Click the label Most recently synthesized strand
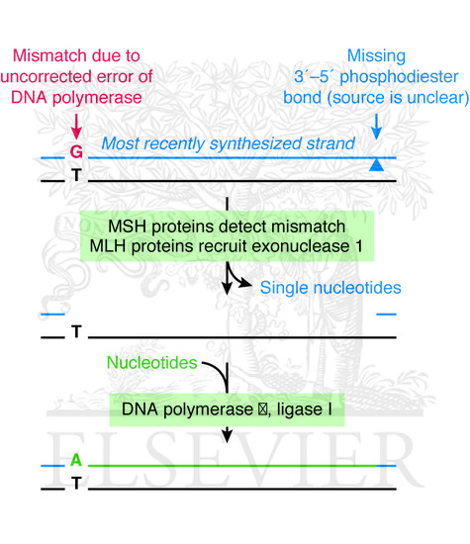point(228,144)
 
